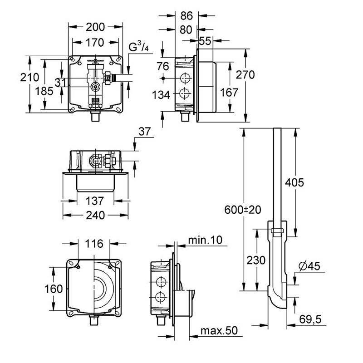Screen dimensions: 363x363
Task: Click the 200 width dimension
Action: pyautogui.click(x=95, y=27)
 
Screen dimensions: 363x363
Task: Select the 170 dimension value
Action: pyautogui.click(x=95, y=43)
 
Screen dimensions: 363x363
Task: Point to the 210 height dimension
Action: pyautogui.click(x=29, y=77)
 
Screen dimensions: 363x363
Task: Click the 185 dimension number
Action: pyautogui.click(x=44, y=91)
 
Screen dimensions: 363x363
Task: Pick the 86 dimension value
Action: pyautogui.click(x=186, y=16)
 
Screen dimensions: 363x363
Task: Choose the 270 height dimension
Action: pyautogui.click(x=245, y=74)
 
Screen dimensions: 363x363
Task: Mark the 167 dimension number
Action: pyautogui.click(x=229, y=93)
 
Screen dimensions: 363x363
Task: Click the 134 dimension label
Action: pyautogui.click(x=161, y=95)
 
